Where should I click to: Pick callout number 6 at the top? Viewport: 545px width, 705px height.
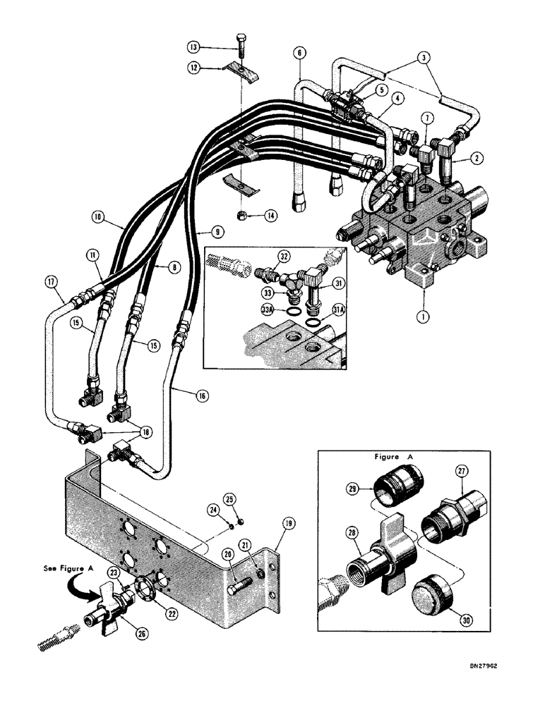point(300,54)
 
